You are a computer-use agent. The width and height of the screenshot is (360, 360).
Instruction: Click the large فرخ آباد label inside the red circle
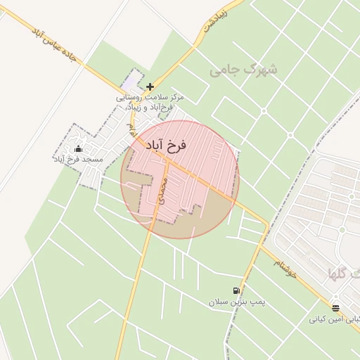(x=166, y=146)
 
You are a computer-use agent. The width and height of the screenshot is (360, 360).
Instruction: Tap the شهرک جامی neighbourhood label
(x=244, y=70)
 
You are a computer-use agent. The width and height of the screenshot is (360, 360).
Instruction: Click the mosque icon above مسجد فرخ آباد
(x=77, y=148)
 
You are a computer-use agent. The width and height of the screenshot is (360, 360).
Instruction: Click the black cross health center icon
(x=150, y=86)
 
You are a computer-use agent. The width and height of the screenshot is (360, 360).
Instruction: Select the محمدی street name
(x=164, y=191)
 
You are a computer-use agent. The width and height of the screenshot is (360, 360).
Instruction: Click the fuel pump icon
(x=236, y=290)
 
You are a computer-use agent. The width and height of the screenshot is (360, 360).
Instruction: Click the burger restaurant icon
(x=335, y=308)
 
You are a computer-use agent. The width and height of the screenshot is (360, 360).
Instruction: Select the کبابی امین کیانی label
(x=333, y=319)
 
